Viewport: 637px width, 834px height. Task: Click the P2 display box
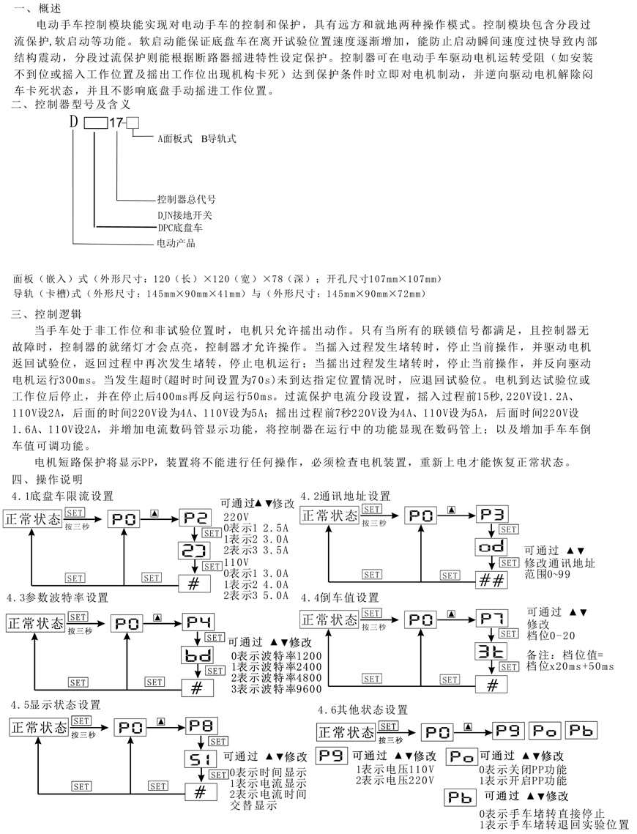click(195, 518)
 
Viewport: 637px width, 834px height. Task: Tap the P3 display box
click(492, 514)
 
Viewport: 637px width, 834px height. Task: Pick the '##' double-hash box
click(492, 580)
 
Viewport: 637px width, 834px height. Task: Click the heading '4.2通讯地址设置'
click(345, 496)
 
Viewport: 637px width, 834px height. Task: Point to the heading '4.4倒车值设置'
click(340, 598)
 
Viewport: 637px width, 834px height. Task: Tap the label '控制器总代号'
click(187, 199)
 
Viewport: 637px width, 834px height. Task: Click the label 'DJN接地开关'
click(185, 215)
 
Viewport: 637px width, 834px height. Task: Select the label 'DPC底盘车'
click(179, 228)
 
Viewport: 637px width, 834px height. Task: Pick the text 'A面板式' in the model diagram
click(175, 139)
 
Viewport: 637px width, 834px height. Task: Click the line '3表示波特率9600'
click(277, 689)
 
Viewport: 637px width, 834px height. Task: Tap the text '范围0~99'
click(547, 575)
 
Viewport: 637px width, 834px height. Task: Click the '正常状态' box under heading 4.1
click(33, 520)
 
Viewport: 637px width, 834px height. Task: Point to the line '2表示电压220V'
click(395, 781)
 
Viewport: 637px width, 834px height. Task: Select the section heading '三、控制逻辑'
click(46, 314)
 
